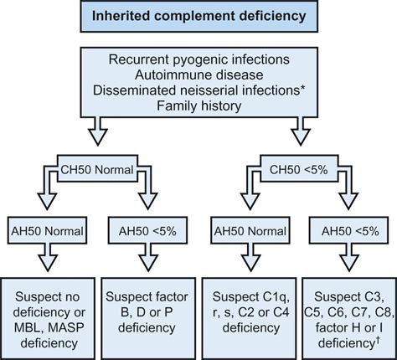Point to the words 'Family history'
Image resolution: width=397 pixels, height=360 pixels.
(x=198, y=106)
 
